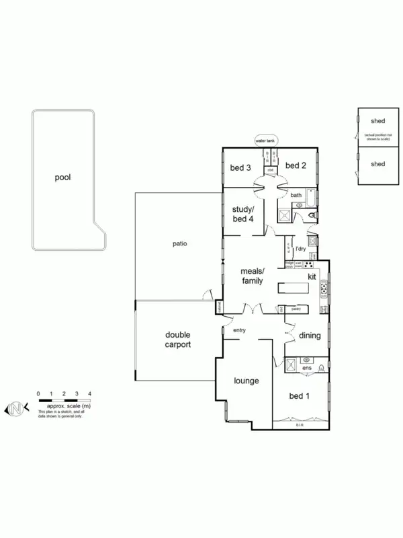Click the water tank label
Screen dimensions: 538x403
tap(265, 141)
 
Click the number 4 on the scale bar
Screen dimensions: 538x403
tap(89, 393)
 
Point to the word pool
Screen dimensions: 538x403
tap(63, 178)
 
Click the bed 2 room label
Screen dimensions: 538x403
tap(296, 165)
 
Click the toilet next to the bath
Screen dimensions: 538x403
tap(312, 216)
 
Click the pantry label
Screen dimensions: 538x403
tap(296, 309)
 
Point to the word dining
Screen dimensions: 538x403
tap(310, 336)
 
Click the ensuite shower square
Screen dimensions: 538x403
tap(292, 364)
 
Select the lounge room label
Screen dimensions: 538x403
tap(247, 381)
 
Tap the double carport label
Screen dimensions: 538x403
tap(178, 339)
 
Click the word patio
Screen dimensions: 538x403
tap(178, 243)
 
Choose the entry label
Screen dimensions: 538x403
tap(240, 330)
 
